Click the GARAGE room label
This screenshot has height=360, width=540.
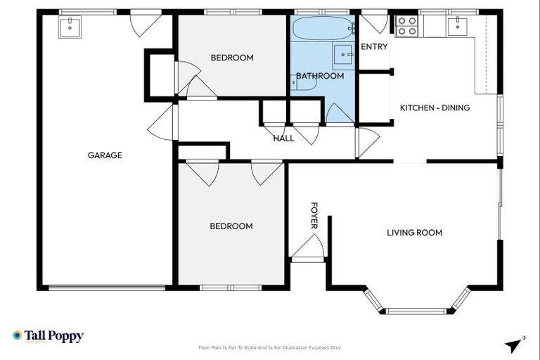[105, 155]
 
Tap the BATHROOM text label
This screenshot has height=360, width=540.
[320, 76]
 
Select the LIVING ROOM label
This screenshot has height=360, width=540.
[414, 233]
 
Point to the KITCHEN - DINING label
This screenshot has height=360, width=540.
[435, 108]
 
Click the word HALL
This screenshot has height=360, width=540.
[283, 139]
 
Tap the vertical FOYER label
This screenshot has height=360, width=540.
[314, 216]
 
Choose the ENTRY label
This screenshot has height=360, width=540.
[373, 47]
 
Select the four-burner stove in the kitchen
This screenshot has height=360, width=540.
[407, 26]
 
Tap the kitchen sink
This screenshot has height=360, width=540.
[458, 26]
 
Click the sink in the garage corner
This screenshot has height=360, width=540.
[69, 26]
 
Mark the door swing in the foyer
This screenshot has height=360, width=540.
[309, 247]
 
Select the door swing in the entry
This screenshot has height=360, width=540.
[373, 22]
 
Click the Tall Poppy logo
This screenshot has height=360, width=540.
[48, 336]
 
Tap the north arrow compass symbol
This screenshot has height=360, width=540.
[515, 344]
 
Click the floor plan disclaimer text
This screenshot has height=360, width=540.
[269, 347]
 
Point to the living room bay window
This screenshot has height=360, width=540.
[417, 307]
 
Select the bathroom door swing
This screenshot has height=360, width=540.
[340, 114]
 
